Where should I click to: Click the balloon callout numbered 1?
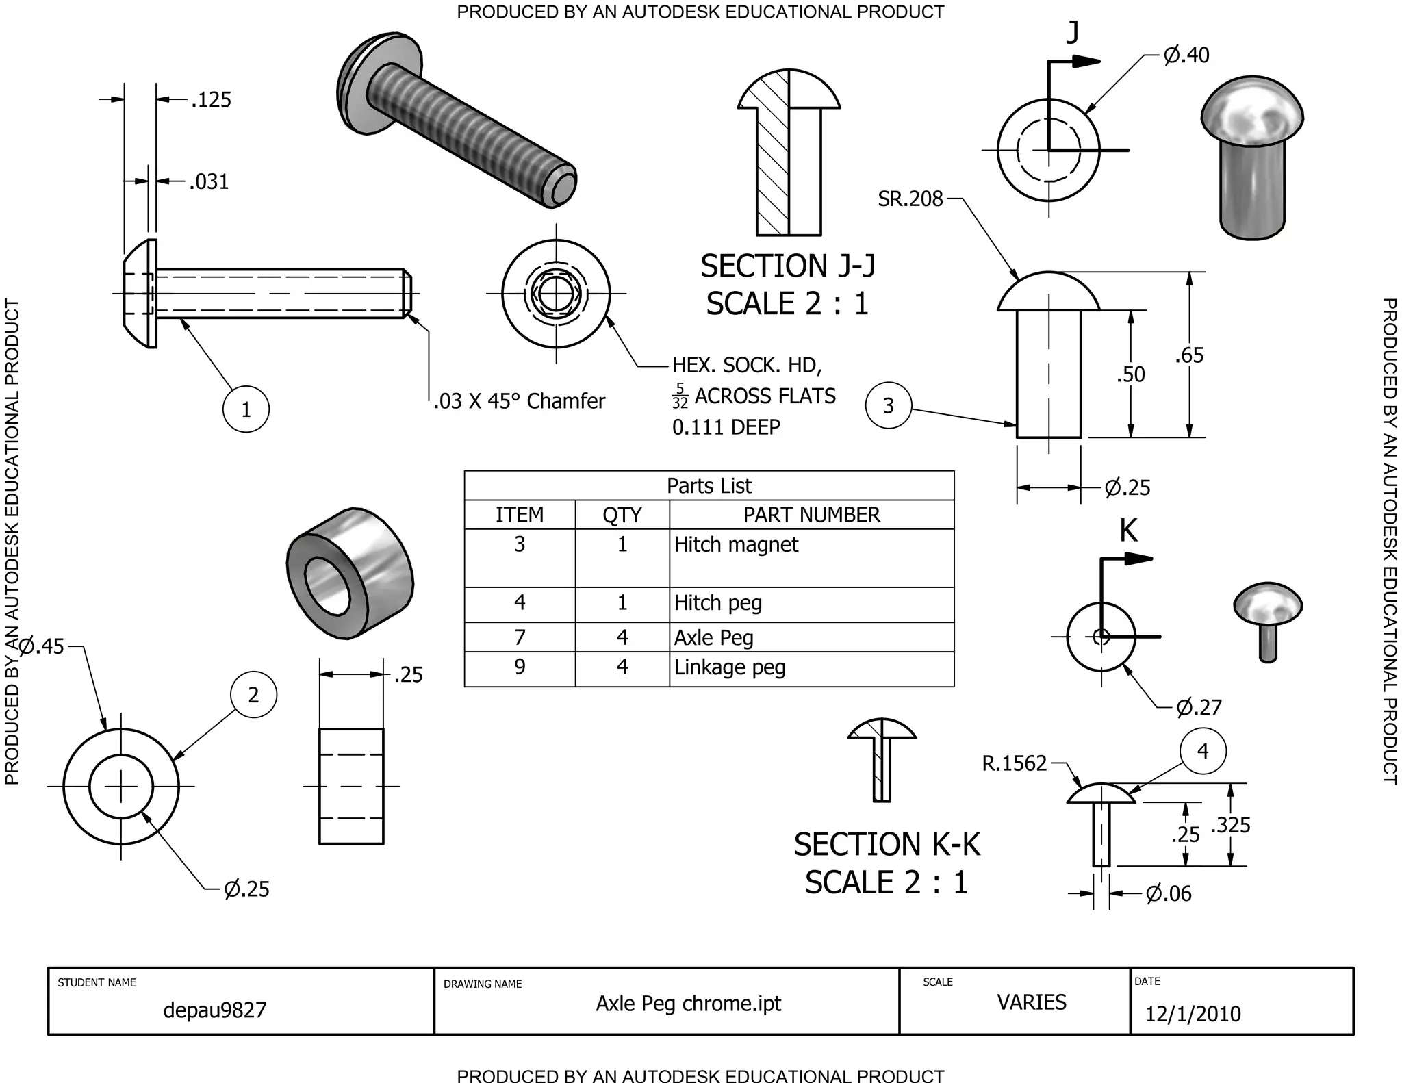click(x=246, y=409)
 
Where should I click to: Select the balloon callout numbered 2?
click(x=253, y=695)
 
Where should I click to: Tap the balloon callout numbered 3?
click(x=888, y=405)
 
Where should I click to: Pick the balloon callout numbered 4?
click(x=1203, y=751)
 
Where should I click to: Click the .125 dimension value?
click(x=211, y=100)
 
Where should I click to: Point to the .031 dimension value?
click(x=209, y=182)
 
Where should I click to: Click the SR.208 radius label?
click(x=910, y=199)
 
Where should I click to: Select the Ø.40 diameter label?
click(x=1186, y=55)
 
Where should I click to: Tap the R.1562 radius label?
click(x=1014, y=763)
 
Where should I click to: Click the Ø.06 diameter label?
click(x=1169, y=893)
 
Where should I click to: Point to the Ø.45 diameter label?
click(x=42, y=646)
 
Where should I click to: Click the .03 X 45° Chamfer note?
click(x=520, y=400)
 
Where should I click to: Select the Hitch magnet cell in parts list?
click(x=736, y=545)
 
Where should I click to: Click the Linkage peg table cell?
click(x=730, y=667)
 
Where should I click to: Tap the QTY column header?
click(x=622, y=515)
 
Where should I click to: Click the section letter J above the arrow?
click(x=1073, y=32)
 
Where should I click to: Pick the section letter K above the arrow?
click(x=1128, y=531)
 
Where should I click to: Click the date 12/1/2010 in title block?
click(x=1193, y=1014)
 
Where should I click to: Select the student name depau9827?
click(x=214, y=1010)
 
